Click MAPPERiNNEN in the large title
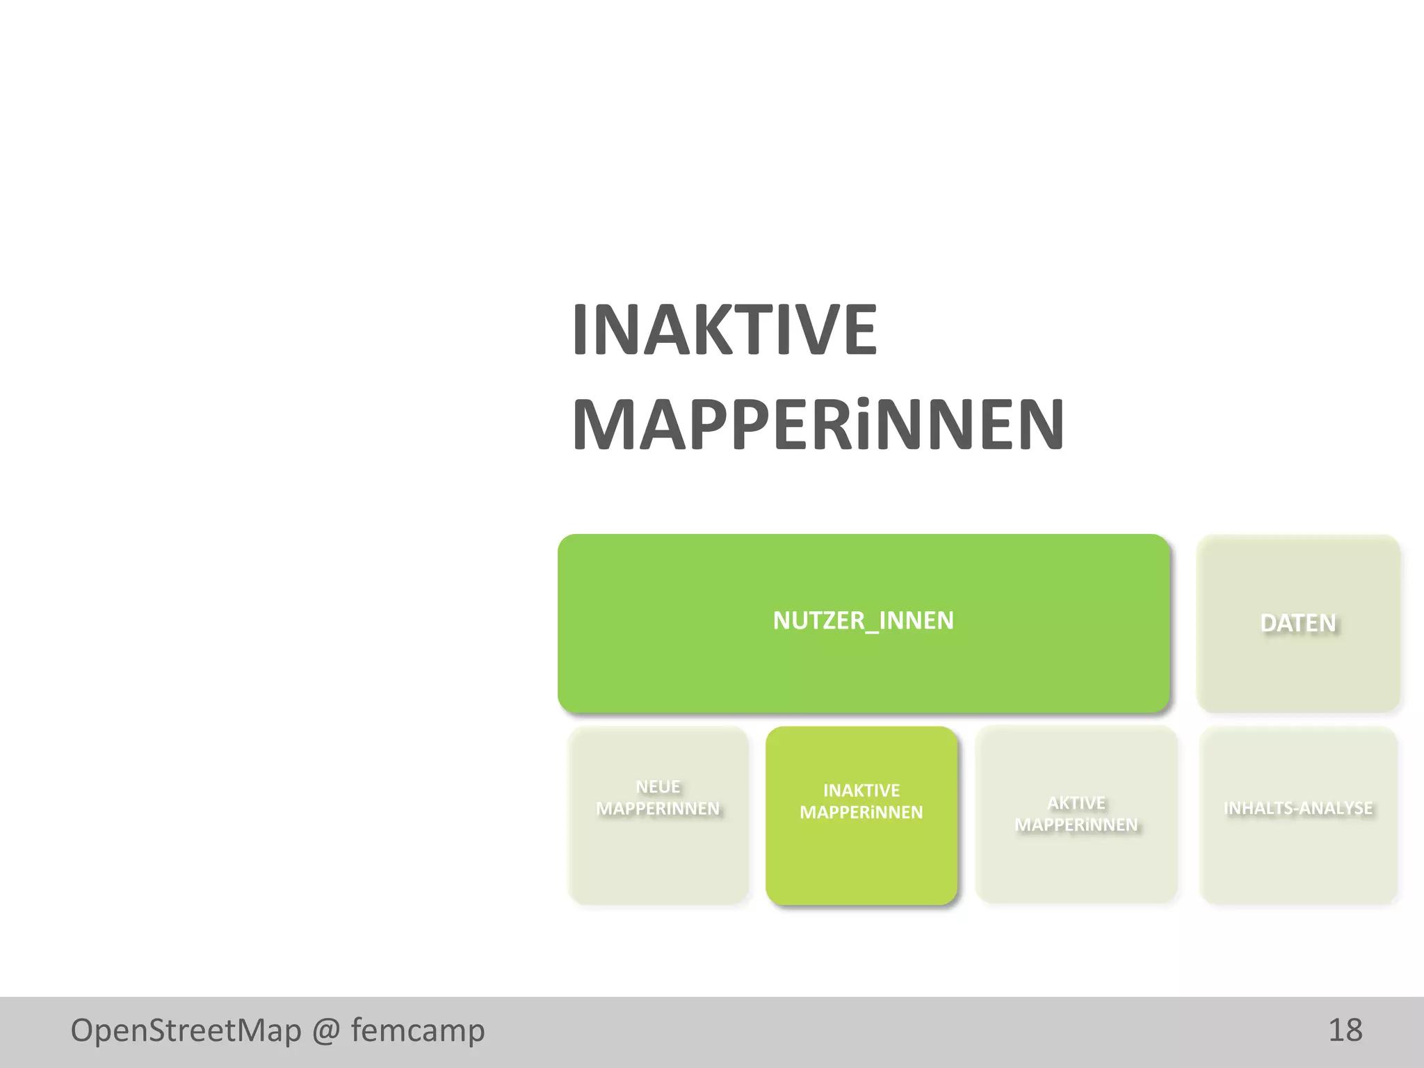pyautogui.click(x=818, y=425)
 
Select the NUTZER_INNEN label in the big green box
pyautogui.click(x=863, y=620)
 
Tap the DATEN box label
pyautogui.click(x=1297, y=623)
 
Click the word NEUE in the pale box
pyautogui.click(x=658, y=786)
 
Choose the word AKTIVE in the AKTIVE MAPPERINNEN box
pyautogui.click(x=1076, y=803)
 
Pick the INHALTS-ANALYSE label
pyautogui.click(x=1297, y=808)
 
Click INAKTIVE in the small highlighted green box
pyautogui.click(x=861, y=791)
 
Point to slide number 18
pyautogui.click(x=1345, y=1030)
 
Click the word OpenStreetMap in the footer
pyautogui.click(x=186, y=1030)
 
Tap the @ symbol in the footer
pyautogui.click(x=326, y=1030)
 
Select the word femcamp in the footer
pyautogui.click(x=417, y=1030)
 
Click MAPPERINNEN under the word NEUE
pyautogui.click(x=658, y=809)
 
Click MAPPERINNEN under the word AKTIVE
pyautogui.click(x=1076, y=825)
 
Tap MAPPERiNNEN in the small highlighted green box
pyautogui.click(x=861, y=812)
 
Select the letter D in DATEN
pyautogui.click(x=1270, y=623)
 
